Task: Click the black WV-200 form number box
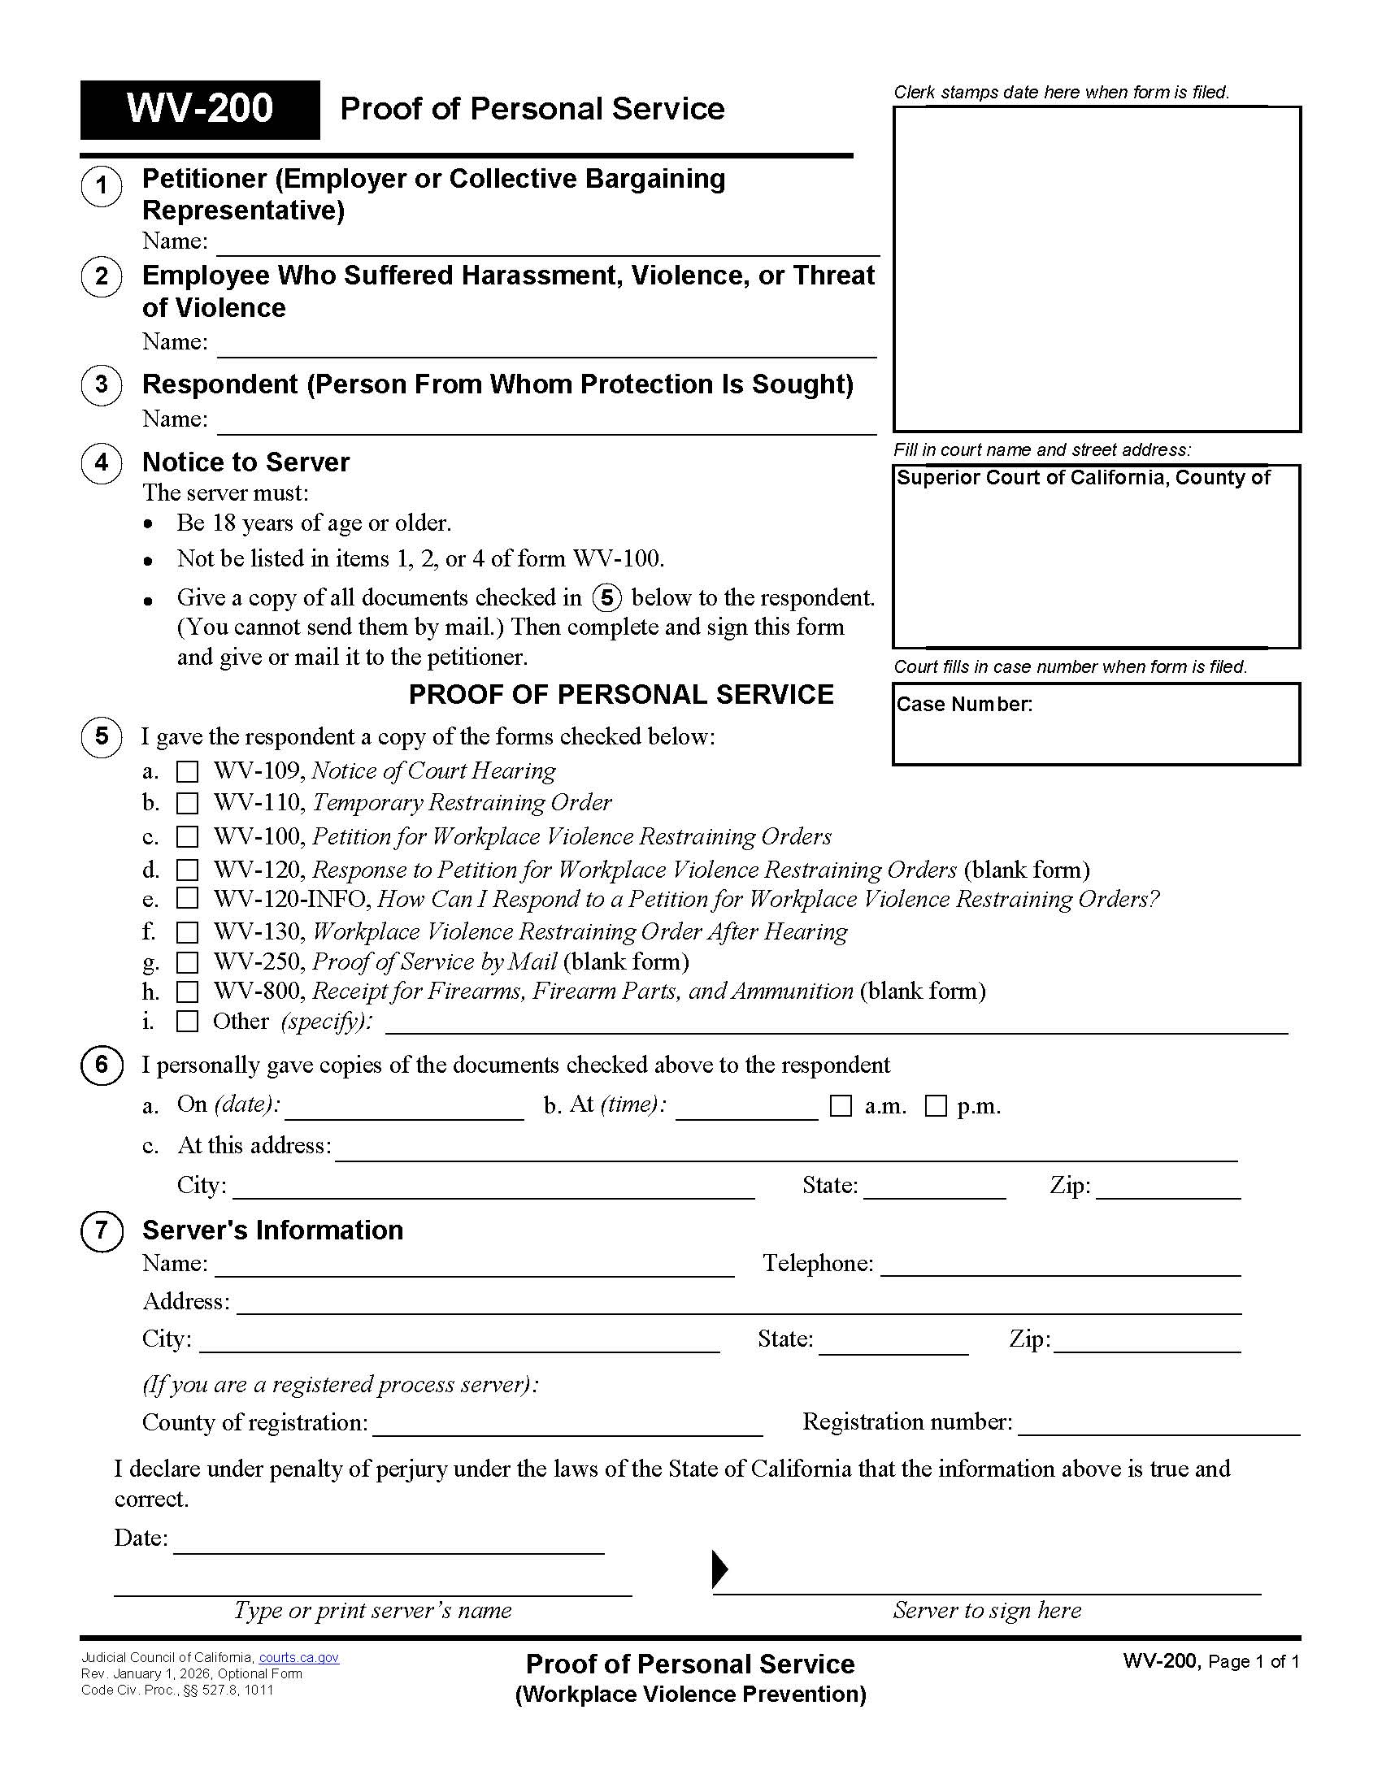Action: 200,110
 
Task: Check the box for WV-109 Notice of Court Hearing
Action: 188,771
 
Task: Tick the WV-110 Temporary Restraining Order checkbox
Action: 188,803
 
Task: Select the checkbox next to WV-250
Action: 188,962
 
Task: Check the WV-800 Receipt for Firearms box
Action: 188,992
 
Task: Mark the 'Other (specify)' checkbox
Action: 188,1022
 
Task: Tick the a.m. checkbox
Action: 841,1106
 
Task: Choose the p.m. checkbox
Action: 936,1106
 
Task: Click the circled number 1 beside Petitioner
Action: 102,186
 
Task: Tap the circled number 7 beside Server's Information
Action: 102,1230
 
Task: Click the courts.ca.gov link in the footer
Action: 299,1658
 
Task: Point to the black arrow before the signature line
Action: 719,1569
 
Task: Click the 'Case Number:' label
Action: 964,705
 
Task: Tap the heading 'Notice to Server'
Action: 246,462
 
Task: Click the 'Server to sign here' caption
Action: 987,1610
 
